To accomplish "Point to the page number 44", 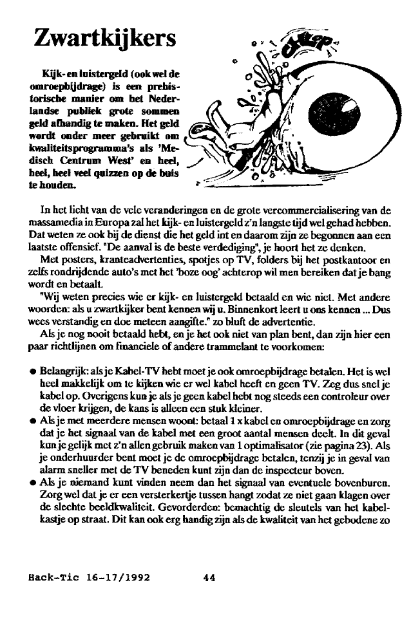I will point(209,577).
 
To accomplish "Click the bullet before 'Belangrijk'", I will point(32,372).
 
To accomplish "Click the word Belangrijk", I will point(64,372).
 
